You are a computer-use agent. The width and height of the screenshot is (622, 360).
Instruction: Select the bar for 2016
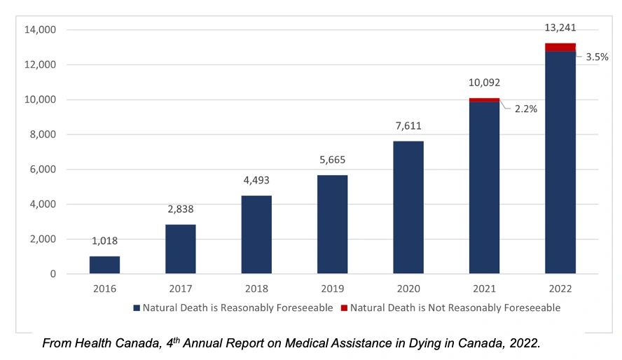[104, 265]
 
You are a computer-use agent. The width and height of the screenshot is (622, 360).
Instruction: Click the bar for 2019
[332, 224]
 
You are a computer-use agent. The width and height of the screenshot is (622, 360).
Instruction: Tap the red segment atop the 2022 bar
[560, 47]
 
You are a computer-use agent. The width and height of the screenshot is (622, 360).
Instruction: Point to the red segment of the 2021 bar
[484, 100]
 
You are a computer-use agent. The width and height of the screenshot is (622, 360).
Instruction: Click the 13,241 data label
[560, 28]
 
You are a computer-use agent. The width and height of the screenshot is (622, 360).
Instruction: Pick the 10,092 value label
[484, 83]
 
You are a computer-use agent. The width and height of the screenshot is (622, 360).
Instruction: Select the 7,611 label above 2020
[408, 126]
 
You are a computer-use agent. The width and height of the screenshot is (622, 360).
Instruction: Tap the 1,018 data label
[104, 241]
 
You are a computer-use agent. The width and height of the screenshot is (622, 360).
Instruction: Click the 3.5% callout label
[597, 57]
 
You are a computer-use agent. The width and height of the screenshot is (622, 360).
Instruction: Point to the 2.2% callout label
[525, 109]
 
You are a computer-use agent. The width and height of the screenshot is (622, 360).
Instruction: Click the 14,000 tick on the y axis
[40, 30]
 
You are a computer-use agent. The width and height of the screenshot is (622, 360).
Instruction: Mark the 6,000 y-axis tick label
[43, 169]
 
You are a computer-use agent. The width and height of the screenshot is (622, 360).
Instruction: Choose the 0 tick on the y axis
[53, 274]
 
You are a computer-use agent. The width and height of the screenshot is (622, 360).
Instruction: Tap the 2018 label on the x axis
[256, 289]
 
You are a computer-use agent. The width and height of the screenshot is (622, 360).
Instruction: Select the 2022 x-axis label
[560, 289]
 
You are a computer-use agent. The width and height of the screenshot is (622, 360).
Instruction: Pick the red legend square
[344, 307]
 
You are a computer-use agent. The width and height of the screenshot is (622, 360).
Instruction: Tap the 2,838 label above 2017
[180, 209]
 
